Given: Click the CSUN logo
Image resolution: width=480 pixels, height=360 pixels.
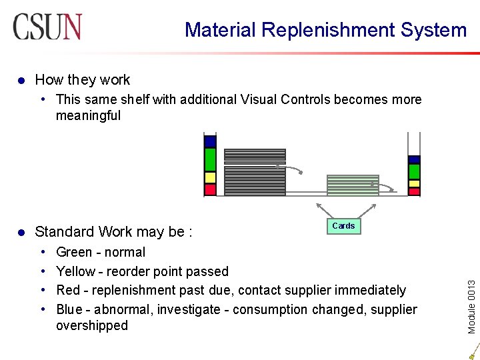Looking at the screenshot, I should click(x=47, y=27).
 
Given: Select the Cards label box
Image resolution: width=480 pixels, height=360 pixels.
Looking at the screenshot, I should click(x=343, y=226).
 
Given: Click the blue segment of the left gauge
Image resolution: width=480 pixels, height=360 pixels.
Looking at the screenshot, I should click(x=211, y=141).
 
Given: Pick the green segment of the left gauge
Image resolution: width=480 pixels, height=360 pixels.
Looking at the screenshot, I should click(x=211, y=160).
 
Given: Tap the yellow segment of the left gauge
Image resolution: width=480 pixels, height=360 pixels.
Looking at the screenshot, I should click(x=211, y=178).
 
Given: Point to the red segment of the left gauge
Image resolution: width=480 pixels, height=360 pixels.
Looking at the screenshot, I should click(x=211, y=190).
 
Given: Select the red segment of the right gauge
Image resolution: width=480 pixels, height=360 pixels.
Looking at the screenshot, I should click(x=414, y=191).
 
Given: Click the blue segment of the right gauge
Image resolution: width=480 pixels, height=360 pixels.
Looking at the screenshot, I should click(x=414, y=159).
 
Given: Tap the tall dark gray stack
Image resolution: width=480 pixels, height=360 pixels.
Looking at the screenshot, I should click(x=255, y=172).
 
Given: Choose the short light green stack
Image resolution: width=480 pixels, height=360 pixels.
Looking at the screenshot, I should click(x=352, y=184).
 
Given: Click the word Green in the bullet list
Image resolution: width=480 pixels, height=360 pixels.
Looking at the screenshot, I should click(x=74, y=252).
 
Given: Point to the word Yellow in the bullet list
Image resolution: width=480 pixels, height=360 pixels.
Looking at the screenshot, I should click(x=76, y=271).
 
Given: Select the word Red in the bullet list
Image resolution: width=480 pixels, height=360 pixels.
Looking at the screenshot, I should click(x=68, y=290).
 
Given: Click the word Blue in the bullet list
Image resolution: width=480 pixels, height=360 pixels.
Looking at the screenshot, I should click(x=70, y=309).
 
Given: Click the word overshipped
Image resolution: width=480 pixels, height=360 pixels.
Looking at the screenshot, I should click(x=92, y=325).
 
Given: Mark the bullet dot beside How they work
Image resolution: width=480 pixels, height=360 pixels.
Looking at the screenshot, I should click(x=21, y=80).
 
